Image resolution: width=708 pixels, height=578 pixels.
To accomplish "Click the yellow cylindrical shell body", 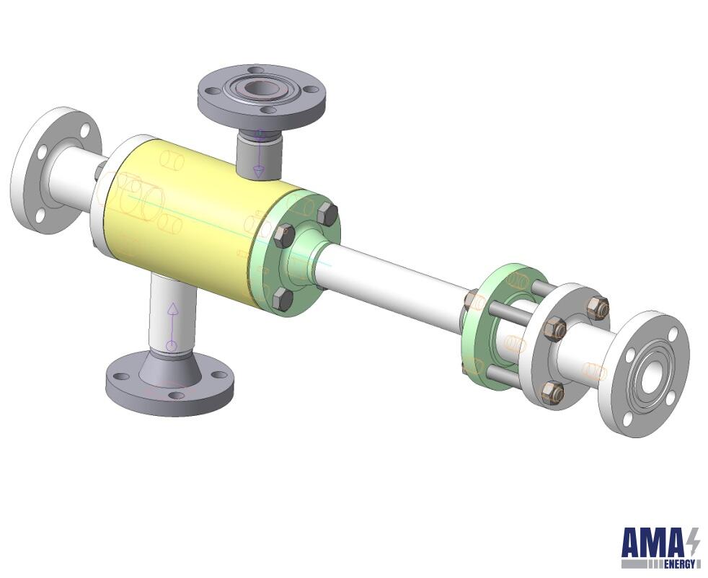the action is coord(190,221).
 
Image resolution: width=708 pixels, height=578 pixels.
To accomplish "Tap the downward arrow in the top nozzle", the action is coord(259,154).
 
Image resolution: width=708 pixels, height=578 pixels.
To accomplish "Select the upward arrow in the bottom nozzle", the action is coord(172,327).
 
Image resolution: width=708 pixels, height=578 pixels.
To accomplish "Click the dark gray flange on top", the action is coord(262,97).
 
